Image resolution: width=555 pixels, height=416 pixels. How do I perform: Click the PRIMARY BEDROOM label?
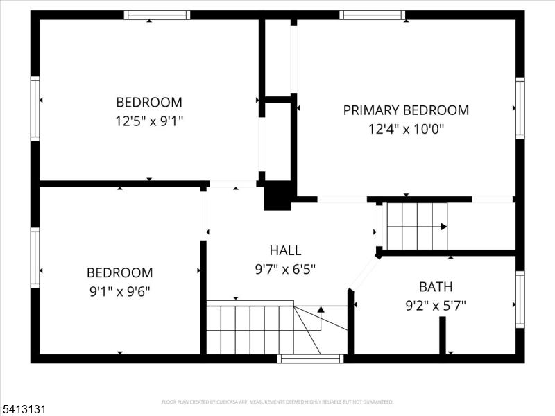(x=406, y=110)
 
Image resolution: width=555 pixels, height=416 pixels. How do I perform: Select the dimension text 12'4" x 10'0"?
(x=406, y=128)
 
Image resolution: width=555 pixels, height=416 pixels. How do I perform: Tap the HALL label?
(x=285, y=250)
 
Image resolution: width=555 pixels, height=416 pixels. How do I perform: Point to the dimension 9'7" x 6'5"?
(x=285, y=269)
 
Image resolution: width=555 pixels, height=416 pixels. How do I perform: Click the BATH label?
(x=435, y=286)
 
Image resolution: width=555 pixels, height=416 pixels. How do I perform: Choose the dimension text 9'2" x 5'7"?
(x=435, y=304)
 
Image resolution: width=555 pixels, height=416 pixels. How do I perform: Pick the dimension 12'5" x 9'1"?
(x=149, y=121)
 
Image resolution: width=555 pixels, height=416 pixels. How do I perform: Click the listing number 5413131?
(x=24, y=410)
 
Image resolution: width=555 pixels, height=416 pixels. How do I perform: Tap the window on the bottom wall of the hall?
(x=310, y=358)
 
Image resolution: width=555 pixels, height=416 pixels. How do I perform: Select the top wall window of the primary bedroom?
(x=373, y=15)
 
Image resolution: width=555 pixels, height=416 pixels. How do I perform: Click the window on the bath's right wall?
(x=520, y=300)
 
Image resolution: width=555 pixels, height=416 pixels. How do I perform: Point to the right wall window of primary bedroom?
(x=520, y=108)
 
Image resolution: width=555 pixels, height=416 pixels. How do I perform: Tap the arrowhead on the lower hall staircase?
(x=321, y=309)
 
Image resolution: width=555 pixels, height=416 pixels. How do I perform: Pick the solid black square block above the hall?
(x=277, y=196)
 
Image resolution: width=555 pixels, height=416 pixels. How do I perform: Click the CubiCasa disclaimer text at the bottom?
(x=277, y=401)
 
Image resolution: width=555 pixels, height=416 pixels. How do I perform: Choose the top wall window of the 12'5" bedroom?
(x=157, y=15)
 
